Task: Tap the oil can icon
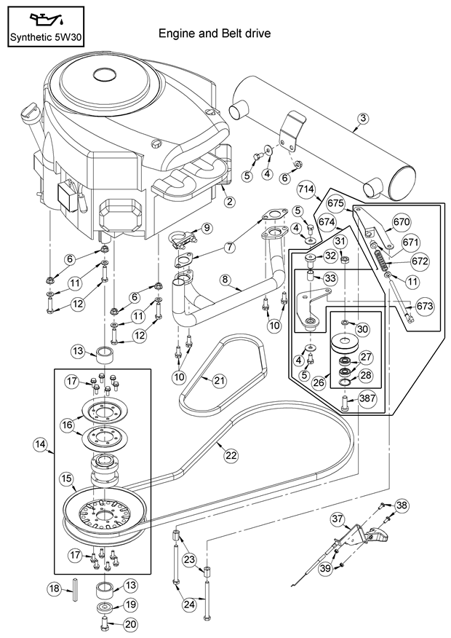(x=45, y=17)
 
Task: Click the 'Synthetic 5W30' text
(x=45, y=36)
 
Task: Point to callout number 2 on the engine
(x=229, y=201)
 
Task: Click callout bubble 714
(x=306, y=191)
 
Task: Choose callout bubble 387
(x=367, y=400)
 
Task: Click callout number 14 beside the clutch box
(x=39, y=443)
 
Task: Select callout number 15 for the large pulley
(x=65, y=478)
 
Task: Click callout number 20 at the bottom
(x=129, y=623)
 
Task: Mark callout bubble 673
(x=425, y=307)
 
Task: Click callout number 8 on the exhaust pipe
(x=225, y=279)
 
